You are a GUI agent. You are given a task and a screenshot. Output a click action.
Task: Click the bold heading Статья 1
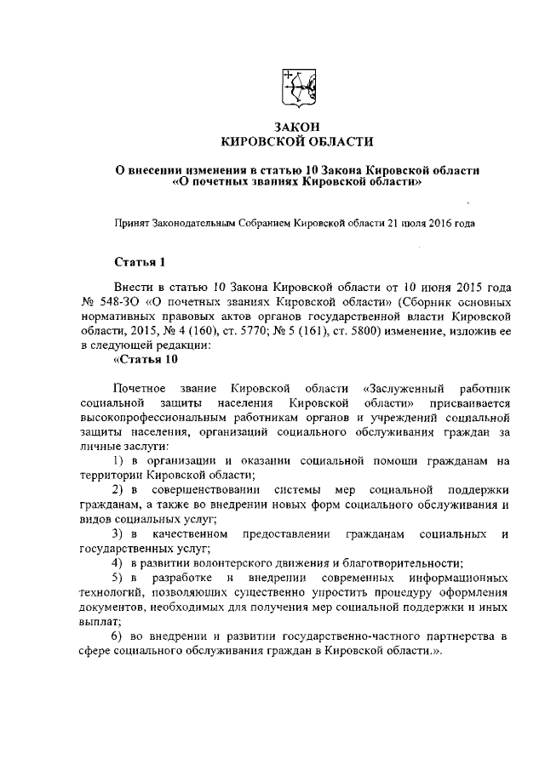pyautogui.click(x=139, y=261)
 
